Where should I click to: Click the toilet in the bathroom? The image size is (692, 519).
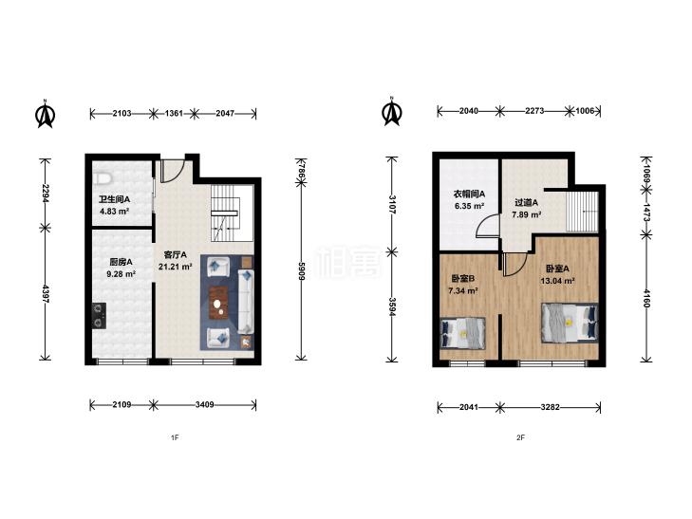coord(103,178)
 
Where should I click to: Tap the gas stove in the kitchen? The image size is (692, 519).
coord(99,316)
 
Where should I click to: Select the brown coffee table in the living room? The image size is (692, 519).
coord(217,302)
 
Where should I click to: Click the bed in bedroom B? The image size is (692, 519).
coord(463,332)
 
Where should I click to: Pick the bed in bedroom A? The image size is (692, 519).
coord(570,323)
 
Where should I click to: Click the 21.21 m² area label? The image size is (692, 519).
coord(176,267)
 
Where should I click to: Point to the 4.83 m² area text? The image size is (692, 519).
coord(114,212)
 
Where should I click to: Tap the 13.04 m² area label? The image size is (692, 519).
coord(557,281)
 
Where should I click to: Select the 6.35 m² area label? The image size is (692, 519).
coord(470,206)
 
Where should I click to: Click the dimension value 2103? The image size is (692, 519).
coord(122,113)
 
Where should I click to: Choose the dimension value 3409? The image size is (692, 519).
coord(205,404)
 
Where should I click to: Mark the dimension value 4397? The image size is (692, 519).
coord(46,293)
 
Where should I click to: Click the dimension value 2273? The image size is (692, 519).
coord(534,111)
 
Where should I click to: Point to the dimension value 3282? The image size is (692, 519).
coord(550,407)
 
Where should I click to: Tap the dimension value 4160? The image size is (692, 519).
coord(646,298)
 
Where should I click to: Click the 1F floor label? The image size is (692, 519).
coord(175,437)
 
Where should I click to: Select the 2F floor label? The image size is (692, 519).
coord(521,437)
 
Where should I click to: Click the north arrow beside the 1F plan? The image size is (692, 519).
coord(45,114)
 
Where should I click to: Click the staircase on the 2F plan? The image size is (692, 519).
coord(582,212)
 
